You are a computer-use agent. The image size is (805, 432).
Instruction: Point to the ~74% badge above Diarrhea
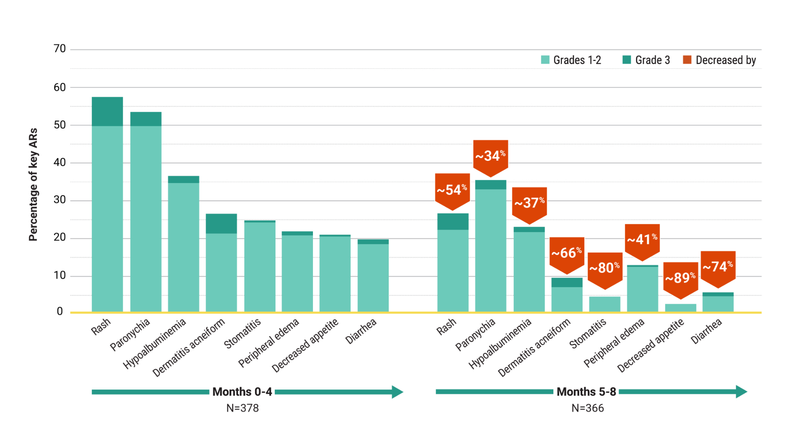(x=718, y=267)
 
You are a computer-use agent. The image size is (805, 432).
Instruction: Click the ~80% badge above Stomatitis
(x=605, y=268)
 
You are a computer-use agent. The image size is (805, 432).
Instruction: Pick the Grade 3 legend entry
(x=646, y=60)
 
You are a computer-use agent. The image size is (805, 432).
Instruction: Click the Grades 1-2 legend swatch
(x=545, y=60)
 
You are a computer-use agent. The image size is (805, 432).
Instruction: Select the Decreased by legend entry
(x=719, y=60)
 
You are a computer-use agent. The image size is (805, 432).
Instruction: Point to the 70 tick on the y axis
(x=60, y=49)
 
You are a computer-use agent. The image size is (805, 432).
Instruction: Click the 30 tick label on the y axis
(x=60, y=200)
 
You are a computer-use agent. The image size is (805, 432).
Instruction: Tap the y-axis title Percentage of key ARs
(x=33, y=185)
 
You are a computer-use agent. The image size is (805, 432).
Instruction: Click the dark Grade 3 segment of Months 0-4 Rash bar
(x=107, y=111)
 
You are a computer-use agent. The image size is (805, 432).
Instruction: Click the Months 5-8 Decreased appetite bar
(x=680, y=308)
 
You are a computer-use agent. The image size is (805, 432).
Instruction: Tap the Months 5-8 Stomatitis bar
(x=604, y=304)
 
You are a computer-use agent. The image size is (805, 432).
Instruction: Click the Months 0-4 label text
(x=242, y=392)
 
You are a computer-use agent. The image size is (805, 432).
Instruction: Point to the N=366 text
(x=587, y=408)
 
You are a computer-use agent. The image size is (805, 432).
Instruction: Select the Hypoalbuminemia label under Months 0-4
(x=155, y=343)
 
